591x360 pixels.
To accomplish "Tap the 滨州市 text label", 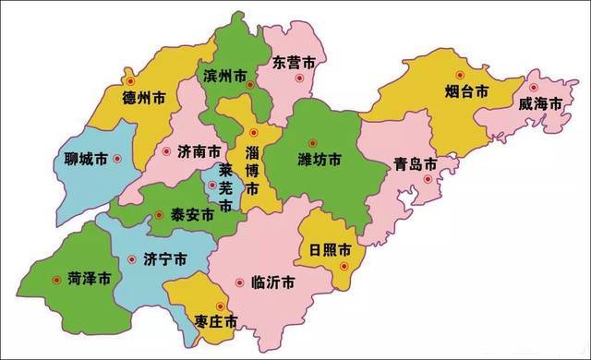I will click(223, 75).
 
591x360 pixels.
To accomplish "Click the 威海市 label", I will click(540, 104).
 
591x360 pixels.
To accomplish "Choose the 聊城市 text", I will click(79, 159).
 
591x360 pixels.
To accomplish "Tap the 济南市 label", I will click(198, 150).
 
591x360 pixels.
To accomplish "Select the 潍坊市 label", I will click(320, 160).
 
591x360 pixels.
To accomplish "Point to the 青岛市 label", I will click(414, 164).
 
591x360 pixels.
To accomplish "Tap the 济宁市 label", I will click(166, 259).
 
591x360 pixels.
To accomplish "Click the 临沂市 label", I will click(272, 282).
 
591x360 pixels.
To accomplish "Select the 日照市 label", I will click(331, 250).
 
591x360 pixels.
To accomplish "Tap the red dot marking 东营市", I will click(297, 78).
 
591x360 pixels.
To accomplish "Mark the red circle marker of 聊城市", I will click(117, 159).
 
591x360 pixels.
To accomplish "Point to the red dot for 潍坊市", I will click(312, 142).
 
